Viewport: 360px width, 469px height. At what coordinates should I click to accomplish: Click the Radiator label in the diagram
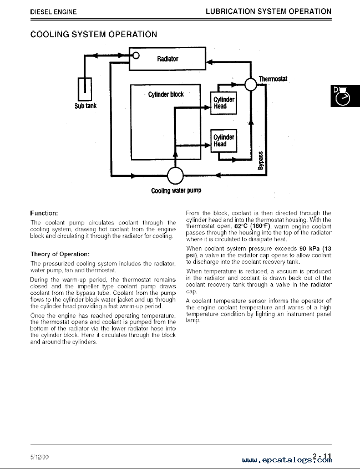tap(168, 59)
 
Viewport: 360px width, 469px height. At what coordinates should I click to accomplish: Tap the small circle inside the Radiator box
tap(136, 55)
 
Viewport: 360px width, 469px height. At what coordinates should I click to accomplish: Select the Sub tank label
tap(85, 105)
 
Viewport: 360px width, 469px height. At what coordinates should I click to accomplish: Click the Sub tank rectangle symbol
tap(85, 89)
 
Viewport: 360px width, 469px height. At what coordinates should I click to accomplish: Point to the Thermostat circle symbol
tap(251, 84)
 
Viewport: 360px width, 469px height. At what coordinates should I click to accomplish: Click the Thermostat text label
tap(272, 79)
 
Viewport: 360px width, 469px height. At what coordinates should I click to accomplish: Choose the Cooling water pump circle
tap(175, 176)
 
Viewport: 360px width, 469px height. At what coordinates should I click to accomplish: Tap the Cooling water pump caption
tap(176, 191)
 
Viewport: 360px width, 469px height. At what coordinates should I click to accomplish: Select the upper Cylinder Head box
tap(224, 103)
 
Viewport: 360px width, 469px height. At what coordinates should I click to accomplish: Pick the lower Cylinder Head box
tap(224, 141)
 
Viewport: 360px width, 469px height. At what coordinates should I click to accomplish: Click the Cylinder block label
tap(166, 94)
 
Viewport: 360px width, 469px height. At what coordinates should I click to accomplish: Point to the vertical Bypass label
tap(261, 161)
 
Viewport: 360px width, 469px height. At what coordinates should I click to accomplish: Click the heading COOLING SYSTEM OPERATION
tap(94, 34)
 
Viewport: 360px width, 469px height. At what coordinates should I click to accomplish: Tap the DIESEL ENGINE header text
tap(53, 12)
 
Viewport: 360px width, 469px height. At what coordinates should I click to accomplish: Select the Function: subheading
tap(44, 213)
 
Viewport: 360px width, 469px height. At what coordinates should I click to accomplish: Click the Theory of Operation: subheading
tap(60, 254)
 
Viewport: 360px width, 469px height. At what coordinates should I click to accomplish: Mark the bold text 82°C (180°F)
tap(252, 226)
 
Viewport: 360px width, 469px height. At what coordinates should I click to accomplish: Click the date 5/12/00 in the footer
tap(39, 457)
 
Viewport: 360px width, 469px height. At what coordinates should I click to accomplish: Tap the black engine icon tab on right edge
tap(345, 96)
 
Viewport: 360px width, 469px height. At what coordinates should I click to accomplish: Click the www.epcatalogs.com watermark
tap(287, 460)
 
